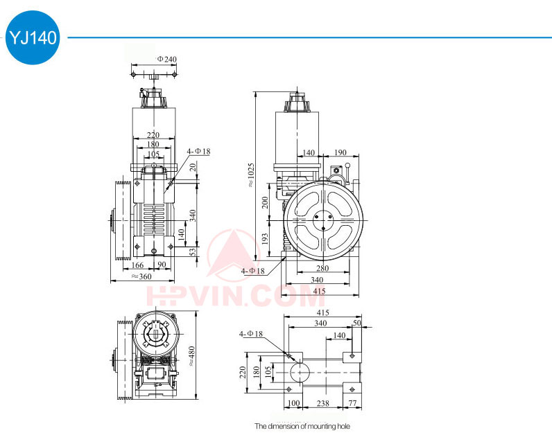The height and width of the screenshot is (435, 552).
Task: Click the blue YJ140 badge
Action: click(x=33, y=37)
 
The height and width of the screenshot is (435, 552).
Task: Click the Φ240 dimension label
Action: click(x=167, y=59)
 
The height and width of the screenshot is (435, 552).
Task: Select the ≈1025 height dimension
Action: click(x=250, y=175)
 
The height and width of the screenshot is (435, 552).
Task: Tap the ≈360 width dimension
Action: click(x=141, y=276)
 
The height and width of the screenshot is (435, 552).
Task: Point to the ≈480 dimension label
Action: click(x=191, y=356)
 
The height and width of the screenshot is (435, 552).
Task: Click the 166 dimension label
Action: click(x=137, y=265)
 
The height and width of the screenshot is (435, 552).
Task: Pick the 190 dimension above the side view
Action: click(x=340, y=152)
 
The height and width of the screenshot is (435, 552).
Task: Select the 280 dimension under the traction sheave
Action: click(x=322, y=268)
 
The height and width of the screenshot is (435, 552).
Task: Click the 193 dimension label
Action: click(x=265, y=239)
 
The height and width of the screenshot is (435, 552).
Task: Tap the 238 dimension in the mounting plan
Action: click(x=323, y=403)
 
